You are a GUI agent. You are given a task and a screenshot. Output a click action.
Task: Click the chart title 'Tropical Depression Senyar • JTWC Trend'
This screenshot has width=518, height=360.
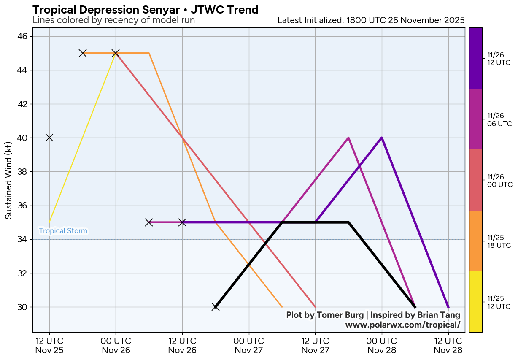[x=145, y=10]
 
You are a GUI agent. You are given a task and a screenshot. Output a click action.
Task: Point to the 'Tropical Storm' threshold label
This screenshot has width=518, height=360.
[x=63, y=231]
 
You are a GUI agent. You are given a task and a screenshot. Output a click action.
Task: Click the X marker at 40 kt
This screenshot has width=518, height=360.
[x=49, y=138]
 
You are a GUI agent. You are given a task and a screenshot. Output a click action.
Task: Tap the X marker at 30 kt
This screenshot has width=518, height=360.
[x=216, y=307]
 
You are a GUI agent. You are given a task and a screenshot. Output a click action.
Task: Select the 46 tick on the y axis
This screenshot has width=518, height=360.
[x=22, y=36]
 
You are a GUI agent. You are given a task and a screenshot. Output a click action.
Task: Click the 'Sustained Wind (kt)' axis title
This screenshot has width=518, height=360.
[x=8, y=180]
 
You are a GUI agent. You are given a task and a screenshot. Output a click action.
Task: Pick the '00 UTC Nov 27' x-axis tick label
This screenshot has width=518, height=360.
[x=248, y=345]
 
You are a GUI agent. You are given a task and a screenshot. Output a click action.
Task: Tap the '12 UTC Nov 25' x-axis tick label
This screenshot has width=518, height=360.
[x=49, y=345]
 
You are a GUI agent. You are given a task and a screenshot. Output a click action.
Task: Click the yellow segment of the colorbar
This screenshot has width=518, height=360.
[x=475, y=301]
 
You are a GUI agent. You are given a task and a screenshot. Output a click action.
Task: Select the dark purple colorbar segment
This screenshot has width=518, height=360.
[x=475, y=58]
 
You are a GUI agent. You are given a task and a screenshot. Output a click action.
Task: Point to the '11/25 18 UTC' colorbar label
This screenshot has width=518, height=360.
[x=499, y=241]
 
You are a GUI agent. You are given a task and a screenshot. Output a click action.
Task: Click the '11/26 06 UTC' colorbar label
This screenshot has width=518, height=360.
[x=499, y=119]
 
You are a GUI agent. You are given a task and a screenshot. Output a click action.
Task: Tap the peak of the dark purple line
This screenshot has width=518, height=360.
[x=382, y=138]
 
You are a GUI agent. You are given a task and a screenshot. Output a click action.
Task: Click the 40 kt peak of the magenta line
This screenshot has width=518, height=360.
[x=348, y=138]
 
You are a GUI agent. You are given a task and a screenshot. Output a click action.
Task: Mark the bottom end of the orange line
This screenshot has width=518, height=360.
[x=282, y=307]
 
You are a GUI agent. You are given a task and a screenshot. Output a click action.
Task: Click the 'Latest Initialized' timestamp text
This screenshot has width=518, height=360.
[x=371, y=20]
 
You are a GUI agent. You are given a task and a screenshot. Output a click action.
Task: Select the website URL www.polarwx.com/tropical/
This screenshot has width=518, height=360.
[x=402, y=325]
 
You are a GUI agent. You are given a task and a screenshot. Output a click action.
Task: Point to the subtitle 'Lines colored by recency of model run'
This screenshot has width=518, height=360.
[x=113, y=20]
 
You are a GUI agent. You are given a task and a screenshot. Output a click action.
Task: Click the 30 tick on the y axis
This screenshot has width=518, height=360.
[x=22, y=307]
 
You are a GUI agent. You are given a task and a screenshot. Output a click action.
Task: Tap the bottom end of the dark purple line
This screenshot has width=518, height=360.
[x=448, y=307]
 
